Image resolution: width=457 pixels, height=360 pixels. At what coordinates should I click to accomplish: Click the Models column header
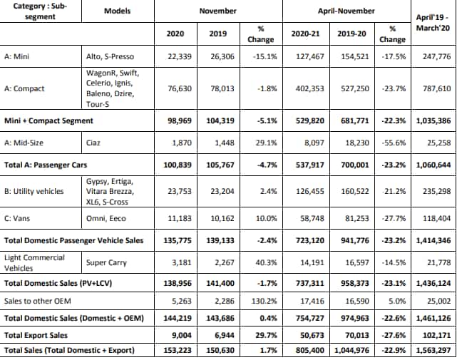tap(117, 11)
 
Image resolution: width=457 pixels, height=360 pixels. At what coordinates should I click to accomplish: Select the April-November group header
tap(346, 11)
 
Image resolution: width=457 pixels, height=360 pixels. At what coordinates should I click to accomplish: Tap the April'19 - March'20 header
tap(433, 23)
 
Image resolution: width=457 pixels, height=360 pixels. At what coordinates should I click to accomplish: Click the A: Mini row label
tap(16, 56)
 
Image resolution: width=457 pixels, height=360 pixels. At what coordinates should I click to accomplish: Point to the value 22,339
tap(180, 56)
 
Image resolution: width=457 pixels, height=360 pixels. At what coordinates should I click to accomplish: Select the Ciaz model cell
tap(93, 143)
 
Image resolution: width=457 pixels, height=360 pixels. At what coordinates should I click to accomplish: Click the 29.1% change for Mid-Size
tap(267, 143)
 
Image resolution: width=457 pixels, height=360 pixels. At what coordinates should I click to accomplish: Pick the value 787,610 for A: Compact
tap(437, 88)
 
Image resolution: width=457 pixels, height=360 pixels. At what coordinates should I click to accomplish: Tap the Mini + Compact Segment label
tap(48, 120)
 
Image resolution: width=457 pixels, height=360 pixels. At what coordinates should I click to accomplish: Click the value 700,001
tap(355, 165)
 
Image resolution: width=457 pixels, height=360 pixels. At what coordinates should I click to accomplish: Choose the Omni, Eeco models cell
tap(106, 218)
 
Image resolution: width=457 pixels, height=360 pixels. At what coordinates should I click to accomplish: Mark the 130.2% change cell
tap(265, 301)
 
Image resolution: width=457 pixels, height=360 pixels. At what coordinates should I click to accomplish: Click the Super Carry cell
tap(106, 263)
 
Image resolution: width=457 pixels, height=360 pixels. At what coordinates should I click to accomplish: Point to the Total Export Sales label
tap(36, 335)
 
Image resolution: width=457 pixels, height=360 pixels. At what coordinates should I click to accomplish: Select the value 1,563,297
tap(434, 350)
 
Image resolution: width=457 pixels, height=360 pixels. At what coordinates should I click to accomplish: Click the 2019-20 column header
tap(351, 34)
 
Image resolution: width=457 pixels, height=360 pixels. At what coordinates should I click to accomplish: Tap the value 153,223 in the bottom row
tap(178, 350)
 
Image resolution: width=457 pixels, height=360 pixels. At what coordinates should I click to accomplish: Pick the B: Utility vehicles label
tap(34, 191)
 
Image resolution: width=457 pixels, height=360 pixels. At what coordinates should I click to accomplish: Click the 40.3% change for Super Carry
tap(267, 262)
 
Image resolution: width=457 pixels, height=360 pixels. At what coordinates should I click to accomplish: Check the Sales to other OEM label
tap(38, 301)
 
